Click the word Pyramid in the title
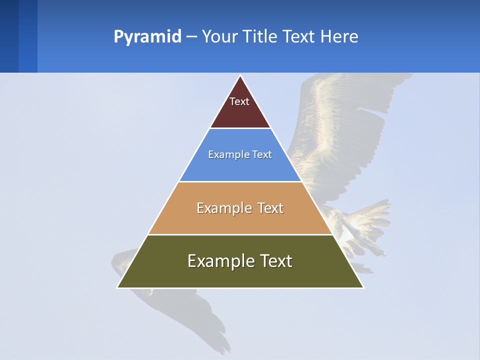147,37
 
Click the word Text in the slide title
299,37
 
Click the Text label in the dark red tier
239,101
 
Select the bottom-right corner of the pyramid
363,287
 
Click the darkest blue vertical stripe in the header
9,36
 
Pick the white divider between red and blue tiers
240,128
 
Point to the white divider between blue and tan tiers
240,181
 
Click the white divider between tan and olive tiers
240,234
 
